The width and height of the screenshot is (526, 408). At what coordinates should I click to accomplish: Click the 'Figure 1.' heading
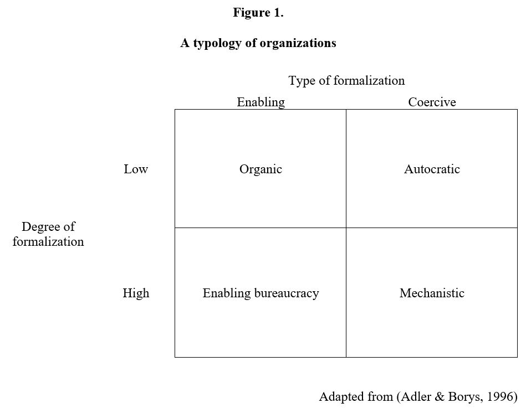(x=258, y=13)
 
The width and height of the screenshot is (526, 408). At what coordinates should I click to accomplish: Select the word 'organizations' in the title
(x=298, y=43)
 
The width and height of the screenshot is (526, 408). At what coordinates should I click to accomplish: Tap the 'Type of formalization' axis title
(x=346, y=81)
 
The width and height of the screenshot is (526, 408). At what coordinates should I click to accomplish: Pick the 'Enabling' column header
(x=261, y=102)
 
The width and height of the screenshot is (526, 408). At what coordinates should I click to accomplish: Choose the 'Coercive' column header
(x=432, y=102)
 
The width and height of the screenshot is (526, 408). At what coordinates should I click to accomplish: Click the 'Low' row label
(x=136, y=169)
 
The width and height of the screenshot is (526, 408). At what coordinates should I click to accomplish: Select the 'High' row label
(x=136, y=293)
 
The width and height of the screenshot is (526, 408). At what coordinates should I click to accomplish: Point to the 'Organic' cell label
(x=261, y=169)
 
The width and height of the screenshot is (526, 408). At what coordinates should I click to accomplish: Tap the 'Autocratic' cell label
(x=432, y=169)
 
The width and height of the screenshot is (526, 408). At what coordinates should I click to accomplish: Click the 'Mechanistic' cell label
(x=432, y=293)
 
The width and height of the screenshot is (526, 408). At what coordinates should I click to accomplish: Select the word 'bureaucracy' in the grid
(x=287, y=293)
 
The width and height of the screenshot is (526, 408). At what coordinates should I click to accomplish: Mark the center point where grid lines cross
(x=346, y=228)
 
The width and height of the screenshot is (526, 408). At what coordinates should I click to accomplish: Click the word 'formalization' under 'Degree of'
(x=48, y=242)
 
